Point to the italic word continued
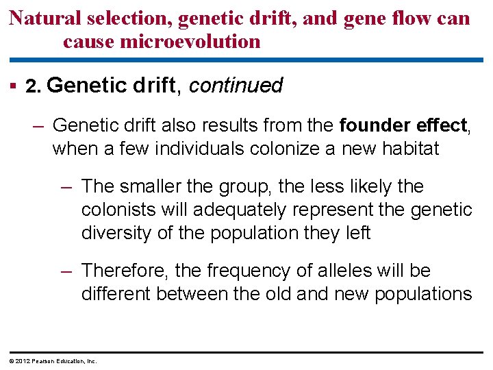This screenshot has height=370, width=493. coord(236,86)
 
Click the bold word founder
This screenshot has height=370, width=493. coord(374,125)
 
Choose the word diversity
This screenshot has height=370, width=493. coord(116,233)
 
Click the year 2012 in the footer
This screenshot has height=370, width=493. coord(21,361)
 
